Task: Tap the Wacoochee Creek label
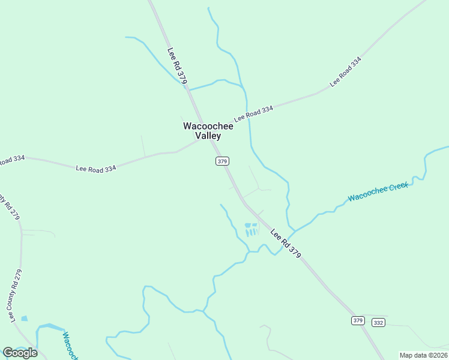pos(378,191)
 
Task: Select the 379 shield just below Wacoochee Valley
pos(222,161)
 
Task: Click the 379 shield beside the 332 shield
pos(358,320)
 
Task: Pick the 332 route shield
pos(378,322)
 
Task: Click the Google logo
pos(20,353)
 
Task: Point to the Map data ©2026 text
pos(423,355)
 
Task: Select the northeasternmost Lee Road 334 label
pos(346,71)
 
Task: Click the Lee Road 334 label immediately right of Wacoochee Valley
pos(253,114)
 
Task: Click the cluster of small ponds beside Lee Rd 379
pos(250,229)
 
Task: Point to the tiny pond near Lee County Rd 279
pos(24,319)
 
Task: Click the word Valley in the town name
pos(208,136)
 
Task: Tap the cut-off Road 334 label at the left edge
pos(12,160)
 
